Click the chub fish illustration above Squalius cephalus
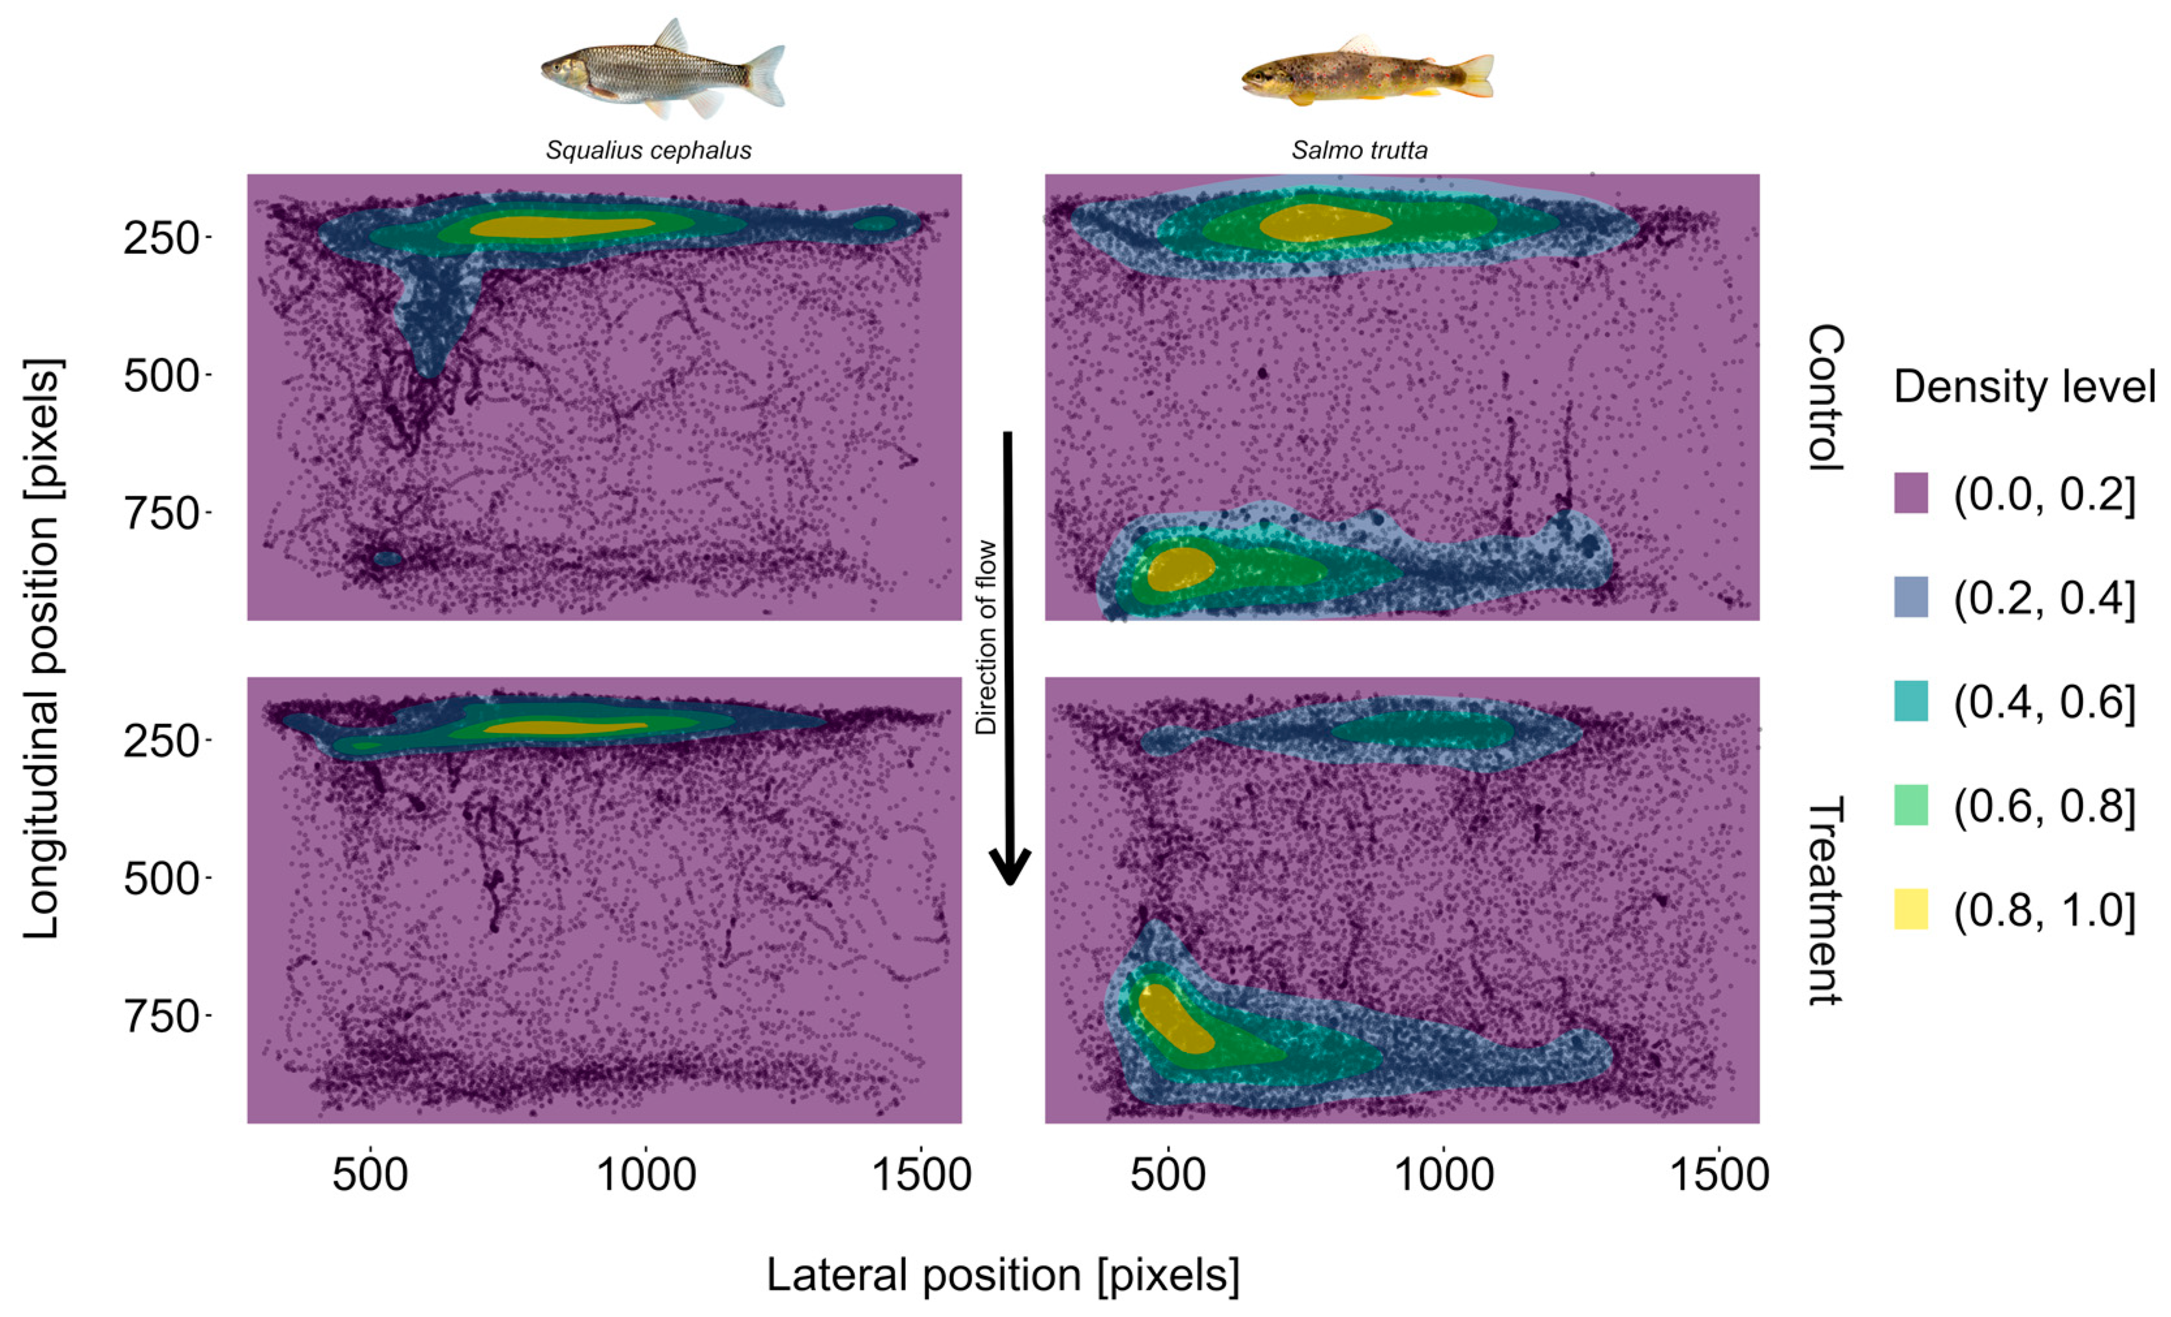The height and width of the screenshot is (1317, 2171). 663,69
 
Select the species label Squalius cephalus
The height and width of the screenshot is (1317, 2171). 649,150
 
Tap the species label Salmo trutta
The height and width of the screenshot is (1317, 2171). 1360,150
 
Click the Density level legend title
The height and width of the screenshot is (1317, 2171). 2024,387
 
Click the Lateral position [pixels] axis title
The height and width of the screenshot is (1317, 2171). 1003,1274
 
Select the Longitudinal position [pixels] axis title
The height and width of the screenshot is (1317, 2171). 42,648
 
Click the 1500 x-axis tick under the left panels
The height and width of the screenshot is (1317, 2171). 921,1174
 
